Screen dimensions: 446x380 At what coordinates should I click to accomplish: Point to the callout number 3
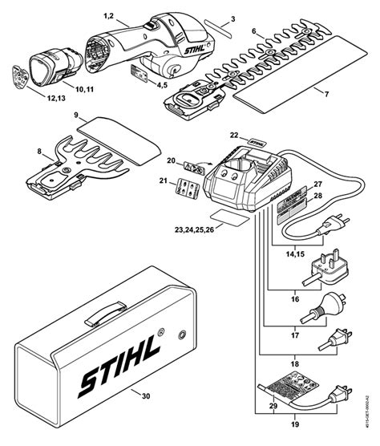click(232, 18)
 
